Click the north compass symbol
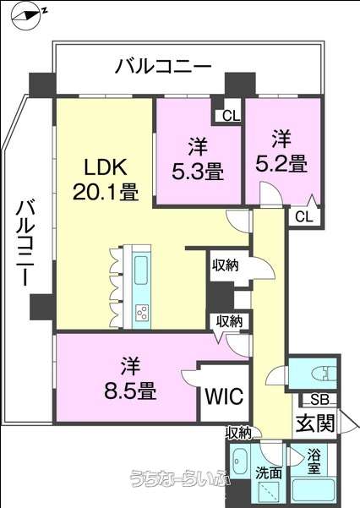click(x=29, y=16)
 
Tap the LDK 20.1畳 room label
click(x=106, y=179)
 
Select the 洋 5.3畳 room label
click(x=198, y=159)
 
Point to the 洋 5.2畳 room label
click(x=281, y=151)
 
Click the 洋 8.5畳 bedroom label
click(x=131, y=379)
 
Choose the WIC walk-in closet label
click(x=224, y=396)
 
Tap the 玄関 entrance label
click(x=315, y=422)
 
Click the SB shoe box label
click(x=319, y=400)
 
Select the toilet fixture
click(x=324, y=374)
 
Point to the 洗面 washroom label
click(x=269, y=473)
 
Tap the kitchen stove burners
click(x=142, y=313)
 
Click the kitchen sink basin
click(x=141, y=270)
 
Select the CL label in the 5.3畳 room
click(x=232, y=116)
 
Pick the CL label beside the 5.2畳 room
click(x=304, y=216)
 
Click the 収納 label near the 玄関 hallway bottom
click(x=239, y=433)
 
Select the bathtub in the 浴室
click(x=313, y=490)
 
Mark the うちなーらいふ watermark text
click(x=180, y=479)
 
